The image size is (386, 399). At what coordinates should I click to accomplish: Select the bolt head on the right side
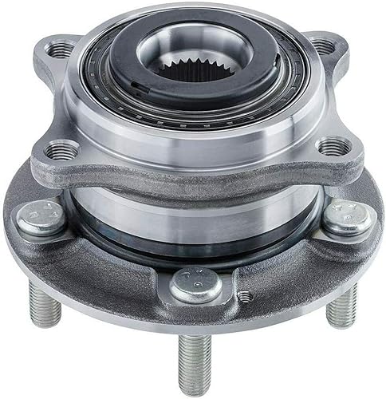(346, 218)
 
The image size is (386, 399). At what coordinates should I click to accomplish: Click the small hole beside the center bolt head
(244, 296)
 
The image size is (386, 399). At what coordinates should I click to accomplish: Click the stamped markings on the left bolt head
(38, 213)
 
